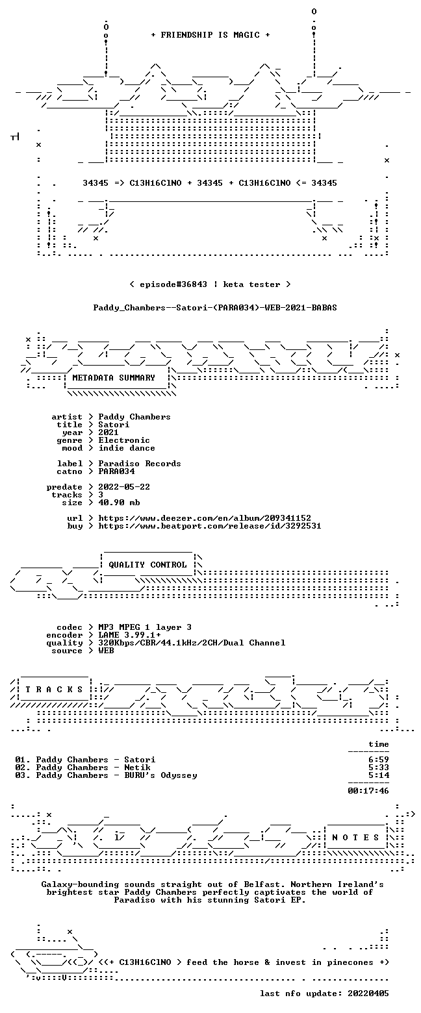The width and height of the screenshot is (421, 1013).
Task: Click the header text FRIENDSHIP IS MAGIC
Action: tap(210, 35)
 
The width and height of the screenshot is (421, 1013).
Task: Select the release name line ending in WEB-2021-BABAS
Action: tap(215, 308)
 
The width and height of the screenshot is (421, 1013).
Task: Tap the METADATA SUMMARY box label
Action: tap(114, 378)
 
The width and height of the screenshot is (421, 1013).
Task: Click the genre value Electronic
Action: tap(124, 440)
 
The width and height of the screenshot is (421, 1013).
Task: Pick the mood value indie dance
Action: tap(127, 448)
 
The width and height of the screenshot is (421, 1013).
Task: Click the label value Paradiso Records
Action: tap(140, 464)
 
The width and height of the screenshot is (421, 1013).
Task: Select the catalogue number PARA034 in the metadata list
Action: tap(116, 471)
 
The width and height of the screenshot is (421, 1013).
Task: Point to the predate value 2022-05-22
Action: tap(124, 487)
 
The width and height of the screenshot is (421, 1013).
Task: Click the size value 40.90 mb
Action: tap(119, 503)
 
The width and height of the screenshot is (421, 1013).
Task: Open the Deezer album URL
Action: tap(205, 518)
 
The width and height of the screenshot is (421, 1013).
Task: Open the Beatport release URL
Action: tap(210, 526)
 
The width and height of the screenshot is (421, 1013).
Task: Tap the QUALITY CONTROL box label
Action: tap(147, 565)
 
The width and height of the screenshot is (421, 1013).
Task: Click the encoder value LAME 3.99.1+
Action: tap(129, 635)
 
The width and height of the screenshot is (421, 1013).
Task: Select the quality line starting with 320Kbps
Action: tap(192, 643)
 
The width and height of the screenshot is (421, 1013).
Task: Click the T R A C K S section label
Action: tap(55, 690)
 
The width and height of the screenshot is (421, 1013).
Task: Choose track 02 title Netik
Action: tap(137, 768)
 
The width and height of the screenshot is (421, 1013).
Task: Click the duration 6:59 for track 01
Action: tap(379, 760)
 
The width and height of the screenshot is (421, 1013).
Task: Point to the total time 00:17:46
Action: tap(368, 791)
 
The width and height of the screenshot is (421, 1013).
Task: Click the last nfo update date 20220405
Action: tap(368, 994)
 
